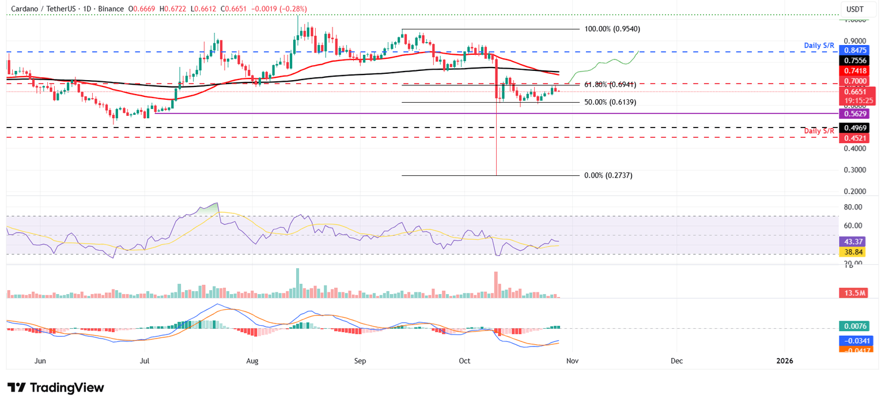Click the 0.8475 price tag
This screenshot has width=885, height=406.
point(857,51)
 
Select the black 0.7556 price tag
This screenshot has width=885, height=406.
point(857,61)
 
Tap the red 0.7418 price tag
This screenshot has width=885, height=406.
point(857,70)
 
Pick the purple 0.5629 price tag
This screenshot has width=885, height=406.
point(857,114)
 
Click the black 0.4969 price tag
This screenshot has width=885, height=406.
point(857,127)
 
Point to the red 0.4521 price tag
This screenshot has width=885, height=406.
point(857,138)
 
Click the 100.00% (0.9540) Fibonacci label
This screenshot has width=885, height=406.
point(612,29)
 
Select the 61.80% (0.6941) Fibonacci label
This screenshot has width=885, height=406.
point(610,84)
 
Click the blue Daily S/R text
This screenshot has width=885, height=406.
point(820,45)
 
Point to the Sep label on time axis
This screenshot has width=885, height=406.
point(360,361)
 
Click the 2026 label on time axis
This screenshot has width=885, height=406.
point(785,361)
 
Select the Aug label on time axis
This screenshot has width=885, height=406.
point(252,361)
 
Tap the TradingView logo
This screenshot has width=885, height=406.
point(56,388)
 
